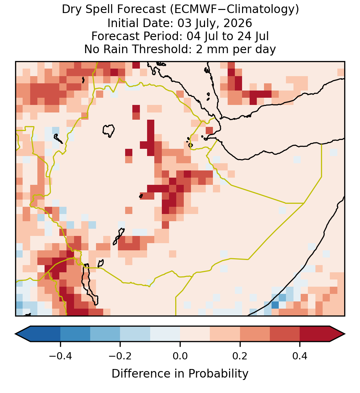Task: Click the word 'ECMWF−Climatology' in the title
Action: tap(235, 10)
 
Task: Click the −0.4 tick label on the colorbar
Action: tap(60, 356)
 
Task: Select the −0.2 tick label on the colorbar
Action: tap(120, 356)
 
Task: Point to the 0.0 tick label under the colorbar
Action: tap(180, 356)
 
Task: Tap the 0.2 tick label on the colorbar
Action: tap(240, 356)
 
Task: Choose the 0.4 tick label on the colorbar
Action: tap(300, 356)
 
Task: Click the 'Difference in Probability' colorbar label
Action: tap(180, 374)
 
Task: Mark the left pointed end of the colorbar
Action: tap(15, 334)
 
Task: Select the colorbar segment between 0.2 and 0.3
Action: tap(255, 334)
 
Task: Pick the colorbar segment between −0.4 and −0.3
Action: tap(75, 334)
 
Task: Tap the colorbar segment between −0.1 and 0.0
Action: tap(165, 334)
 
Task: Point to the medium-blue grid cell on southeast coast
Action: tap(275, 305)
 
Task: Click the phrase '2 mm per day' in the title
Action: tap(236, 49)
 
